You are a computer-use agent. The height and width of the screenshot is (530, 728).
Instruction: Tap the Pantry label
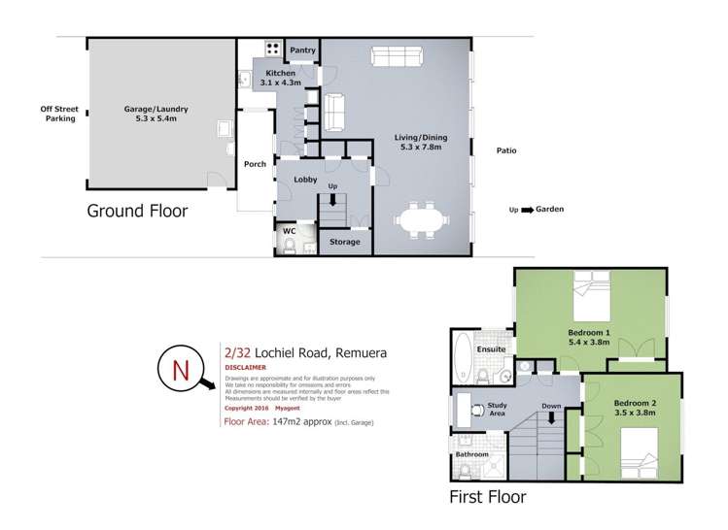[303, 50]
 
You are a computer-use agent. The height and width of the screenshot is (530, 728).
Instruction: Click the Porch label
[255, 164]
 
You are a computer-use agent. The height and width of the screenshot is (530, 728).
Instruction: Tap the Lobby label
[294, 180]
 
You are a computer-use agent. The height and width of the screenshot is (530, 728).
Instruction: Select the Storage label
[344, 242]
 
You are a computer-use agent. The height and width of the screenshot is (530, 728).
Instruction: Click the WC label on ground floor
[289, 231]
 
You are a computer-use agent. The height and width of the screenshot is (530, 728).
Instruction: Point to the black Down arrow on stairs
[551, 419]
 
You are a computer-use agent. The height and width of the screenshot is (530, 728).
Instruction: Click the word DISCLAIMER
[246, 368]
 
